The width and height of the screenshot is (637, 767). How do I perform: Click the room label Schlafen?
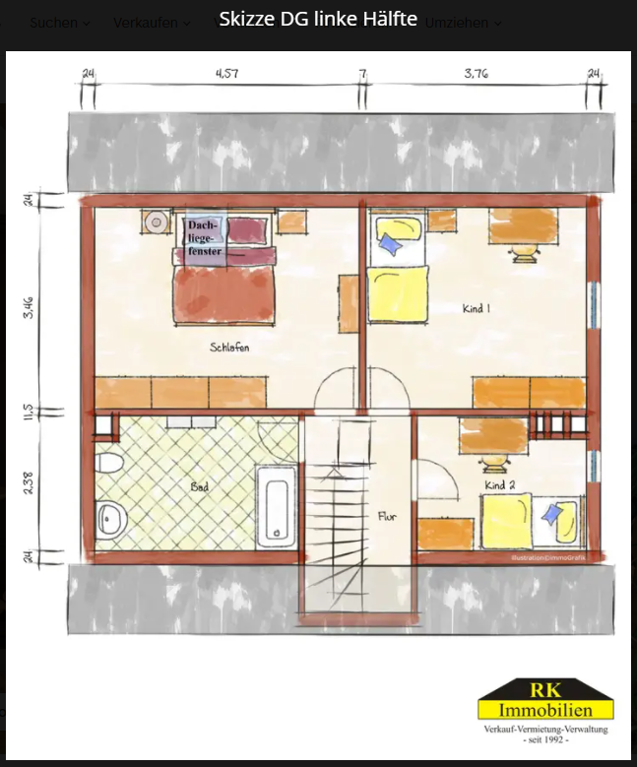[x=228, y=348]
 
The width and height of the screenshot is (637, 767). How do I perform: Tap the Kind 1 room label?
[x=477, y=309]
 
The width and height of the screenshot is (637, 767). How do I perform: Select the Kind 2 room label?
[x=499, y=485]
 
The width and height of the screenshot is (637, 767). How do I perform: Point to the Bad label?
[x=200, y=486]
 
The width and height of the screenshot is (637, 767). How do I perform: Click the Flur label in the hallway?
[x=387, y=516]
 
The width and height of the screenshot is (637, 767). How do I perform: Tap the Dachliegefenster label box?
[x=206, y=238]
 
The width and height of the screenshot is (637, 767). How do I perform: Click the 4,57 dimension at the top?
[x=226, y=73]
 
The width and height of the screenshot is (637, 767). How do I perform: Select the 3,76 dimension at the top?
[x=476, y=73]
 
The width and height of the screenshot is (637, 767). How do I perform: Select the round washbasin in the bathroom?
[x=108, y=517]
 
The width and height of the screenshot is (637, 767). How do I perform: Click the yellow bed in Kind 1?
[x=399, y=295]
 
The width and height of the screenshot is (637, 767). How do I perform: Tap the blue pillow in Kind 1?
[x=391, y=242]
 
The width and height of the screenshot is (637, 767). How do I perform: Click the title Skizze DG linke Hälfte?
[x=318, y=19]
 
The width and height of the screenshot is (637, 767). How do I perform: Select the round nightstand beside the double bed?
[x=155, y=224]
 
